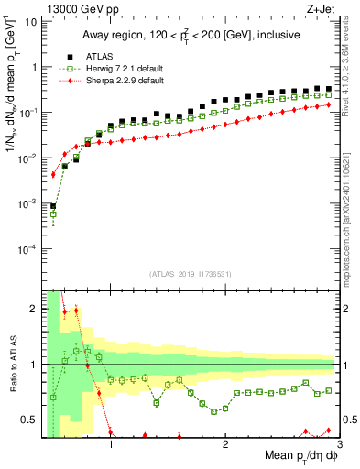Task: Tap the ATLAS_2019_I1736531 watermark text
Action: pos(191,275)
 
